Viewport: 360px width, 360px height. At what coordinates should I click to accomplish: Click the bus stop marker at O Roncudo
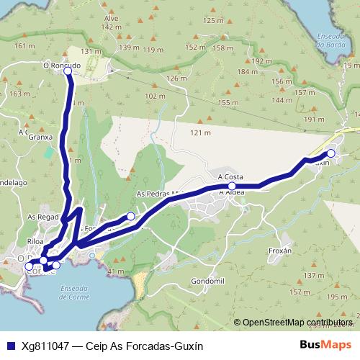point(68,71)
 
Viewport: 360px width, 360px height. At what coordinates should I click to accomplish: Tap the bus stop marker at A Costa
point(232,185)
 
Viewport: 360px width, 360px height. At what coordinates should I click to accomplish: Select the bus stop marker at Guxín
point(330,153)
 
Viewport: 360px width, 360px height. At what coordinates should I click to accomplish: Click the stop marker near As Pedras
point(131,216)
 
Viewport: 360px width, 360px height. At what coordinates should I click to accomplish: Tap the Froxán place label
point(278,251)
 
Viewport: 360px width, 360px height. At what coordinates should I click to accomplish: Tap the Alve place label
point(111,18)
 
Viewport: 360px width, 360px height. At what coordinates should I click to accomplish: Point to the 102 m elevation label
point(155,96)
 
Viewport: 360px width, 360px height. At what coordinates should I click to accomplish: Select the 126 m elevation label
point(176,78)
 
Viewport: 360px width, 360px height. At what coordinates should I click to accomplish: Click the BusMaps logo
point(325,346)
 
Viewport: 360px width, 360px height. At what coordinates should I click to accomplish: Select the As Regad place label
point(42,216)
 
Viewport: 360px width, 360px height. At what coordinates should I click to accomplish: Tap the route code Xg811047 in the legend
point(46,346)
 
